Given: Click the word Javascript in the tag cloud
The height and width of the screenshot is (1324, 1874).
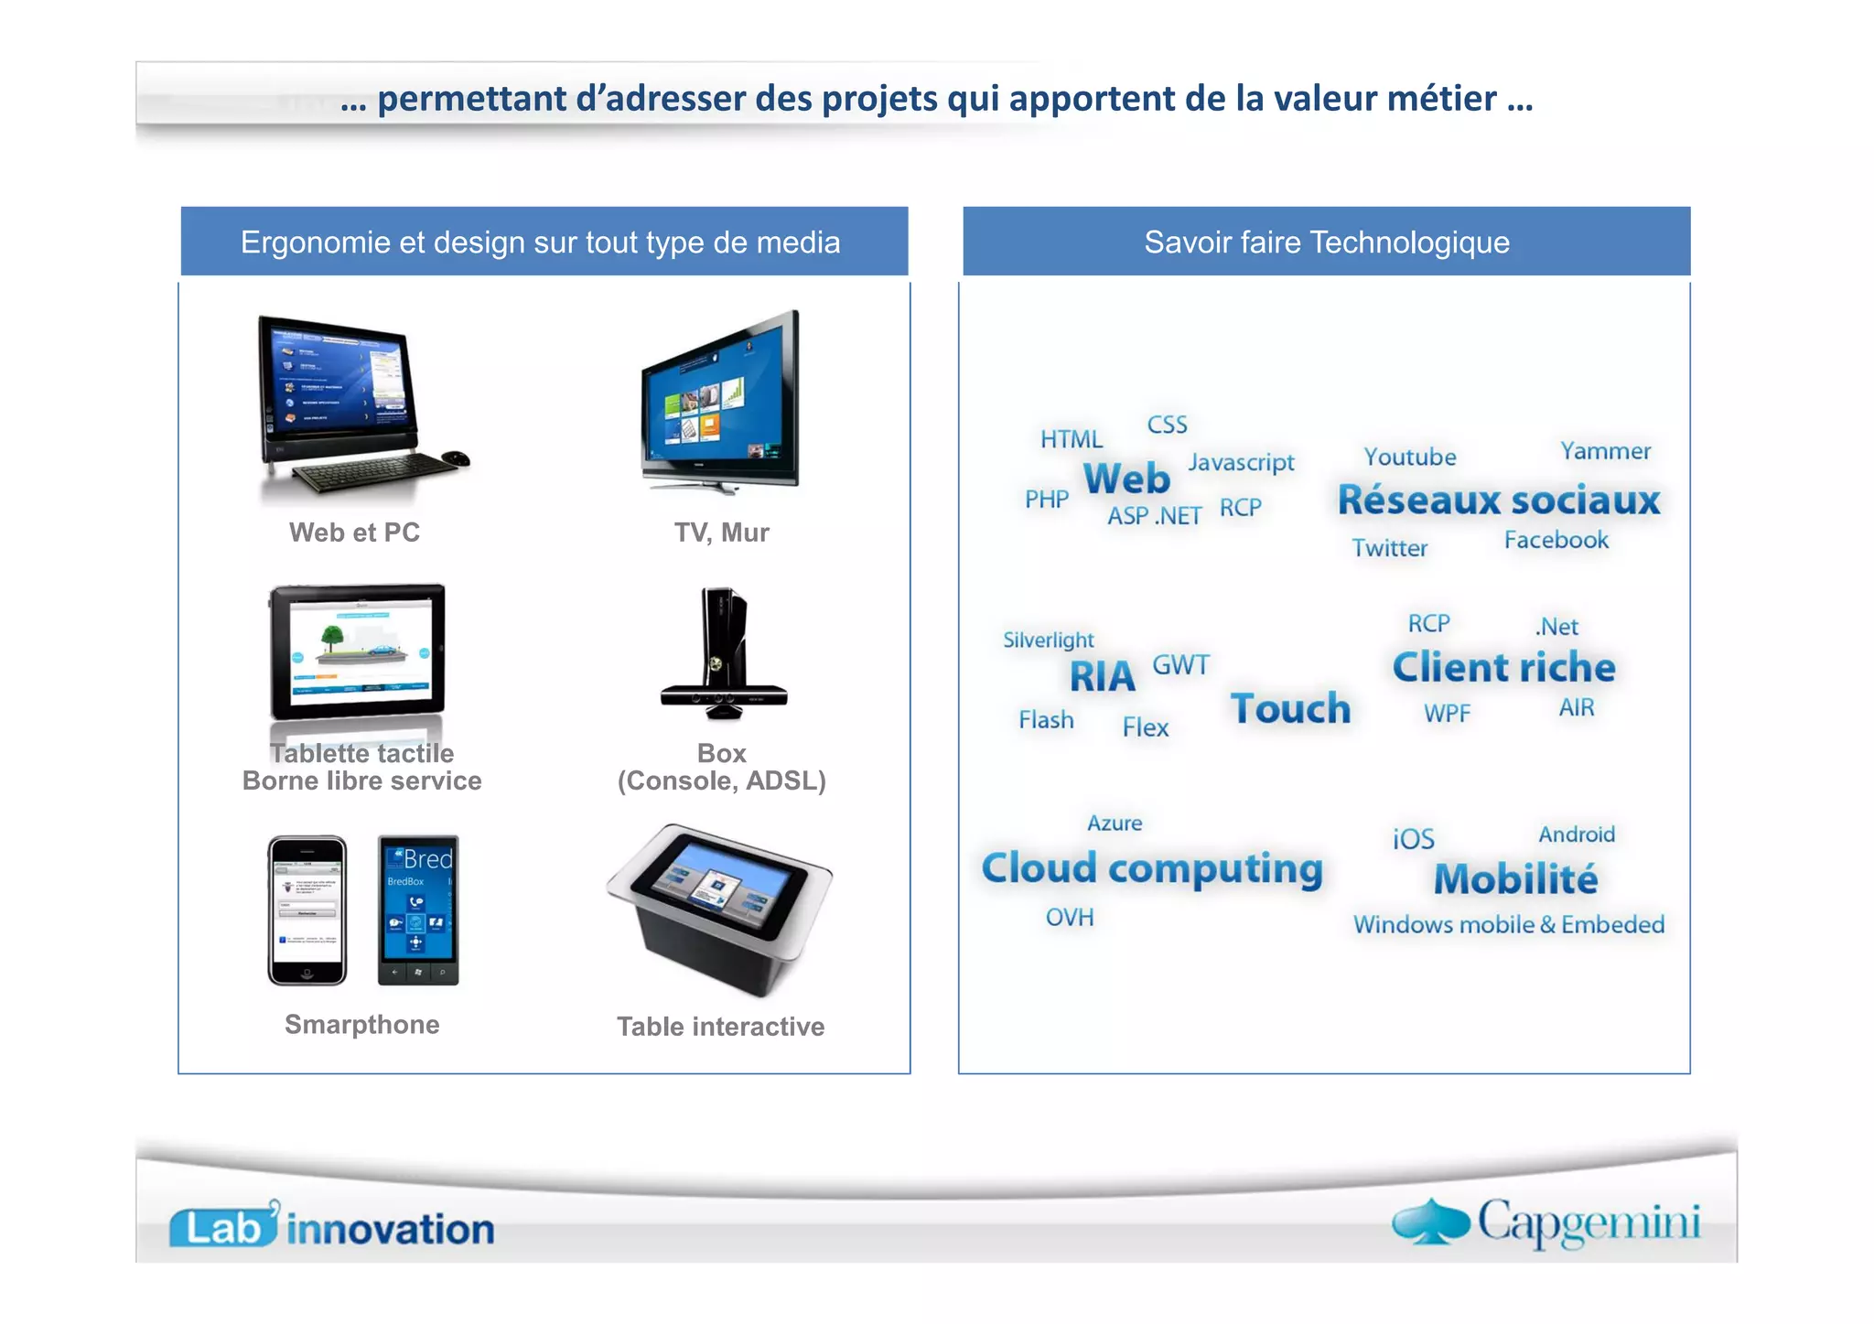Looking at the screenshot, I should click(x=1241, y=462).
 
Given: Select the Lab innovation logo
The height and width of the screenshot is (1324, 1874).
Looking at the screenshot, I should click(x=331, y=1227).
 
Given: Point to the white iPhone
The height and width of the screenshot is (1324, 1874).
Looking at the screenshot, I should click(x=307, y=910).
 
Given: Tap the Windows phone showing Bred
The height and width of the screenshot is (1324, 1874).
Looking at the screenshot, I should click(x=418, y=910).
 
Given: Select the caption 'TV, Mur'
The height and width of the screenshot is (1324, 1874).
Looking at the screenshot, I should click(x=721, y=533).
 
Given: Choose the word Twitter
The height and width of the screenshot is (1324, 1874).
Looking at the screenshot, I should click(x=1389, y=548).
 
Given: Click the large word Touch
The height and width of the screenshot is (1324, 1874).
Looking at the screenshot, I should click(x=1290, y=708).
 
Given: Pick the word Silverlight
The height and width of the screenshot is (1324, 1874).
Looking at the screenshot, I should click(x=1048, y=640).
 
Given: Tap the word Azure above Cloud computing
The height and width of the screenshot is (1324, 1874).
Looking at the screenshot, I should click(x=1114, y=823).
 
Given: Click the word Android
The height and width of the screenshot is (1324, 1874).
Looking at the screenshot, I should click(x=1576, y=834).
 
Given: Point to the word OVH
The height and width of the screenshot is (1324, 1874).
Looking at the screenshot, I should click(x=1069, y=917).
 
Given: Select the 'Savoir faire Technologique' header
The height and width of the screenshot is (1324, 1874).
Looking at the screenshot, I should click(x=1326, y=242).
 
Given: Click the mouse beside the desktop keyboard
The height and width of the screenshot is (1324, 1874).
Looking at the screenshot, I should click(x=455, y=457).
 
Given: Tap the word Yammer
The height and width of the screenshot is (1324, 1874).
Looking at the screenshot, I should click(x=1605, y=451).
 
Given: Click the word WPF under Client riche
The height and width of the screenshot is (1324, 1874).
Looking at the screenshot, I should click(x=1447, y=713).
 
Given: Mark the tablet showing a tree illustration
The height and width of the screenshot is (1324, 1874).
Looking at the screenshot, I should click(x=358, y=651).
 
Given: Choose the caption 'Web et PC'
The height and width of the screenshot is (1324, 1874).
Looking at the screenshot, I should click(x=354, y=533).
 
